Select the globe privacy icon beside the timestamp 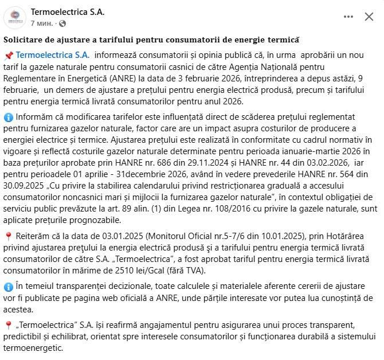click(x=62, y=24)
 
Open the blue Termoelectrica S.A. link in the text click(x=53, y=55)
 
